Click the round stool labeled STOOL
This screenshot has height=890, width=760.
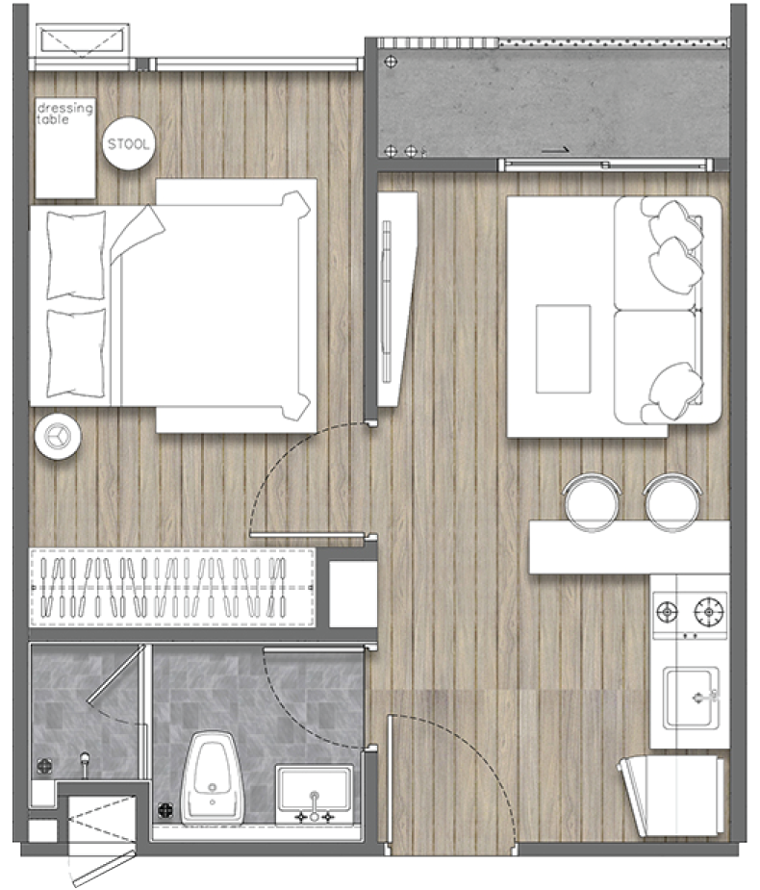(128, 143)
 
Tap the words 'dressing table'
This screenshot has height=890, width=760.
(64, 113)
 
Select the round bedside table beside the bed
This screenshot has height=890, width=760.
(58, 436)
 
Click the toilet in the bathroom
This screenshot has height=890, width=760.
(213, 777)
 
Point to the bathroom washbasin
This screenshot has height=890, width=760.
(314, 795)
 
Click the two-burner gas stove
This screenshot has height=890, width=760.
(690, 615)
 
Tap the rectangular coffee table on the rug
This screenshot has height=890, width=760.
(563, 349)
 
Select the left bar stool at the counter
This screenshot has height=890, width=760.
(592, 500)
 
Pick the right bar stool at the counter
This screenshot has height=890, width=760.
(672, 500)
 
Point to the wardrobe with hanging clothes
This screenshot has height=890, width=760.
(172, 588)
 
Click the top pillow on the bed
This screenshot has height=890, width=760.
(75, 255)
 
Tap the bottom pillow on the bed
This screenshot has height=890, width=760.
(75, 353)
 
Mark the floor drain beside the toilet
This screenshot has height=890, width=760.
(165, 810)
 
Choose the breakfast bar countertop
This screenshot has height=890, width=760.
(629, 547)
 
